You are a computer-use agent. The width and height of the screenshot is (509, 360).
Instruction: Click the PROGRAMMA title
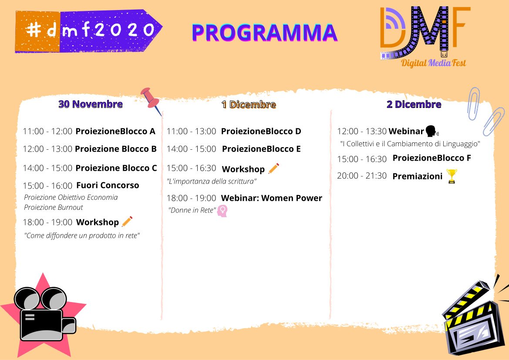click(265, 33)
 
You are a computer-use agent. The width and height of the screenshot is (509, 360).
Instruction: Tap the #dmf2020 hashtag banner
click(88, 31)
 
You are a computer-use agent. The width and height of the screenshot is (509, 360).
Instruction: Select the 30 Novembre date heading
click(91, 104)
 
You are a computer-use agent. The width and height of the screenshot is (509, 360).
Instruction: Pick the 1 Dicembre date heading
click(249, 104)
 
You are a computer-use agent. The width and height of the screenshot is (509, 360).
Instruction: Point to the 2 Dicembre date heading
click(414, 104)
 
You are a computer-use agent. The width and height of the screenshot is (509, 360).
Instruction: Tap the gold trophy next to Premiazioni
click(452, 176)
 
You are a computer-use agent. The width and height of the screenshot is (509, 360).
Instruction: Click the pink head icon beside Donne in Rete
click(222, 211)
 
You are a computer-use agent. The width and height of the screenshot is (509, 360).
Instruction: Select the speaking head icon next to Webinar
click(432, 131)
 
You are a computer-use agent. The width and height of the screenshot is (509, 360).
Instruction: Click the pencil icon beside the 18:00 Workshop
click(127, 222)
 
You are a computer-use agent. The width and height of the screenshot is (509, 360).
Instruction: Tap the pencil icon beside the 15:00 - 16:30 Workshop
click(273, 168)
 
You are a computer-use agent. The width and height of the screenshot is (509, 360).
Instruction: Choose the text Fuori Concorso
click(108, 185)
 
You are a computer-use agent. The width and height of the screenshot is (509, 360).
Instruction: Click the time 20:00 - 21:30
click(362, 175)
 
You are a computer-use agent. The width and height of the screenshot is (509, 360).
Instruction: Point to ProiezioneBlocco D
click(261, 131)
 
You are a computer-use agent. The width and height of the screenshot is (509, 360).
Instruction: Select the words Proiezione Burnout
click(54, 207)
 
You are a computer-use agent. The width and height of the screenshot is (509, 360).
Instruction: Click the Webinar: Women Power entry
click(272, 198)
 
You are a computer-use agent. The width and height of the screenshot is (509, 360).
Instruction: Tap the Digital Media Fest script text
click(433, 63)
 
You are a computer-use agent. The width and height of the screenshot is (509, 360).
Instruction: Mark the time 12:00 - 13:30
click(362, 131)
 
